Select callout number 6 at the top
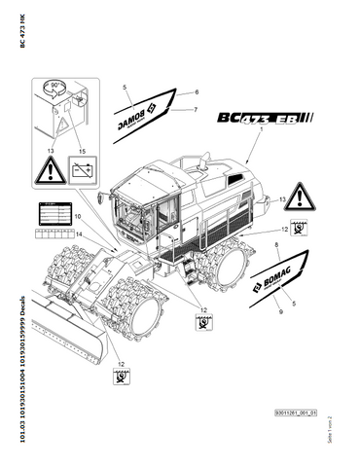(x=196, y=91)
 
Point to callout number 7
(x=196, y=109)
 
